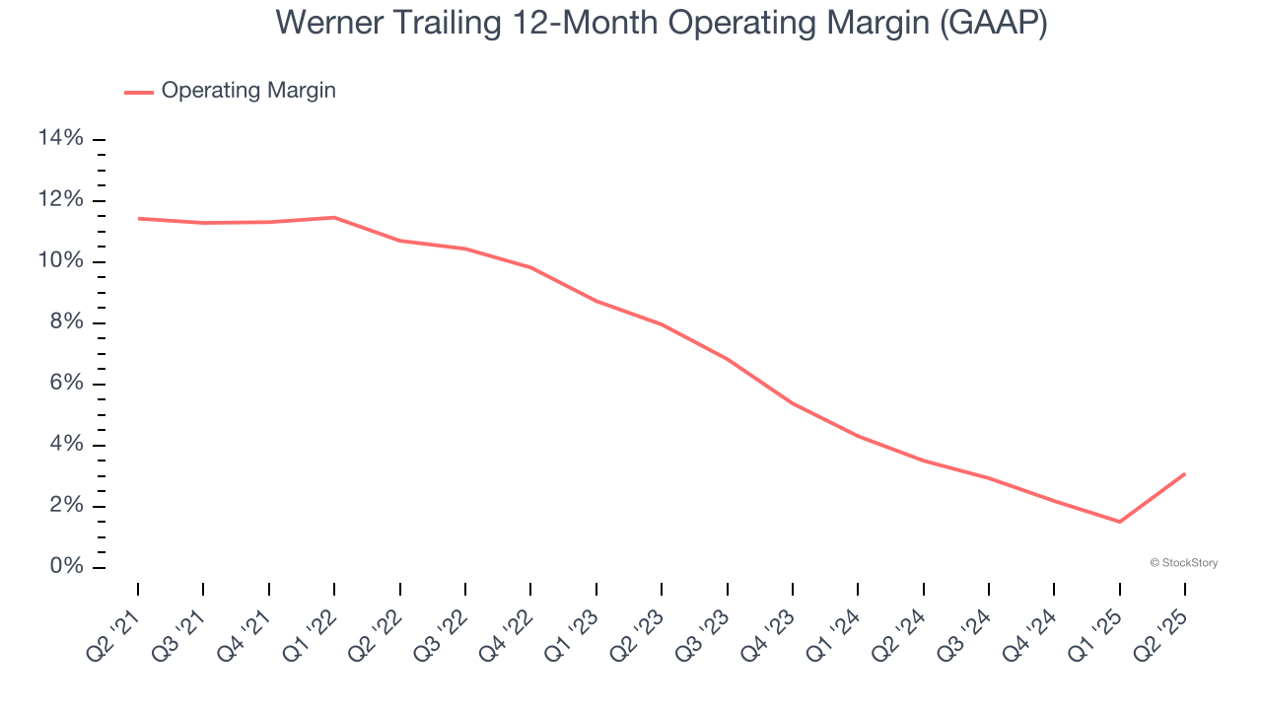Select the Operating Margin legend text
click(248, 91)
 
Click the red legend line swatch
click(138, 92)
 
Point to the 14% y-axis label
click(60, 138)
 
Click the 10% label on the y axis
click(60, 261)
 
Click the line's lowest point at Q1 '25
click(1119, 522)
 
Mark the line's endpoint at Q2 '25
click(1184, 474)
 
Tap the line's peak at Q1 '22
click(334, 217)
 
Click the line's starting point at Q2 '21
click(138, 218)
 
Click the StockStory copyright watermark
click(1183, 563)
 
